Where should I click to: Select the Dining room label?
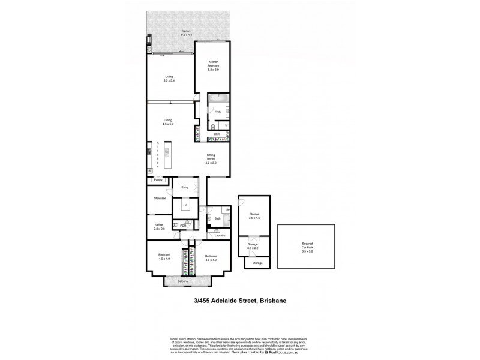(x=168, y=122)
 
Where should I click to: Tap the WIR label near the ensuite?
(x=217, y=134)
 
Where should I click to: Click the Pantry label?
(x=158, y=179)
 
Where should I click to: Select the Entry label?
(x=185, y=187)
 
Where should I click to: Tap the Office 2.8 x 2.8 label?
(x=159, y=227)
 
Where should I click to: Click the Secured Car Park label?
(x=307, y=247)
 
